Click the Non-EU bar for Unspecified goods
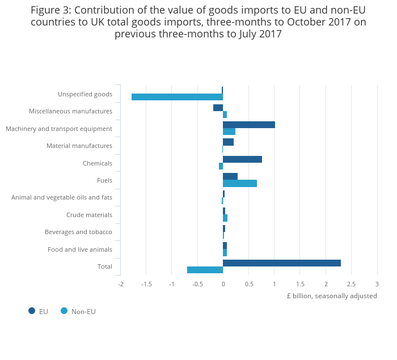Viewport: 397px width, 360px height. pos(177,97)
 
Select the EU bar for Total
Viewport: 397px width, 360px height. pos(281,263)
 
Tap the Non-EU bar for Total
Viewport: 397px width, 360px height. pos(205,270)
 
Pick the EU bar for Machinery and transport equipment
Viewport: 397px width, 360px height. pos(248,125)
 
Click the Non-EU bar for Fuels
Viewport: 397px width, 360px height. pos(239,183)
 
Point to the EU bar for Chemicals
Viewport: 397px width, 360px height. pos(242,159)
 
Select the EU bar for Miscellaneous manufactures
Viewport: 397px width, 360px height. pos(218,108)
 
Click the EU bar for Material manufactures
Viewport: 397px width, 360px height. pos(228,142)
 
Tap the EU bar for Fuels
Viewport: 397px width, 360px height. pos(230,176)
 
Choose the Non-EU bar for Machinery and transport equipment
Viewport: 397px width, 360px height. pos(229,132)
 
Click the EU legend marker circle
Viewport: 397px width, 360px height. pos(32,311)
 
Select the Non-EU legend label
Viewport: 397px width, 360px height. pos(83,311)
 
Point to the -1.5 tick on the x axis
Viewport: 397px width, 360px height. pos(146,284)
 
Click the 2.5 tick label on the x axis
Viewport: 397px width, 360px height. pos(351,284)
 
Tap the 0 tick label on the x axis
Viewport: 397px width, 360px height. pos(223,284)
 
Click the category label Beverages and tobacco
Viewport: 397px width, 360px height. pos(78,232)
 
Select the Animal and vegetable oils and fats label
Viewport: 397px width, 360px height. pos(62,197)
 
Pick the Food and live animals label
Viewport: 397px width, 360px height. pos(80,249)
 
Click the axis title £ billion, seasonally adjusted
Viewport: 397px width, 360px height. pos(332,296)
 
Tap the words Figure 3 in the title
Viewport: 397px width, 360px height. pos(50,10)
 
